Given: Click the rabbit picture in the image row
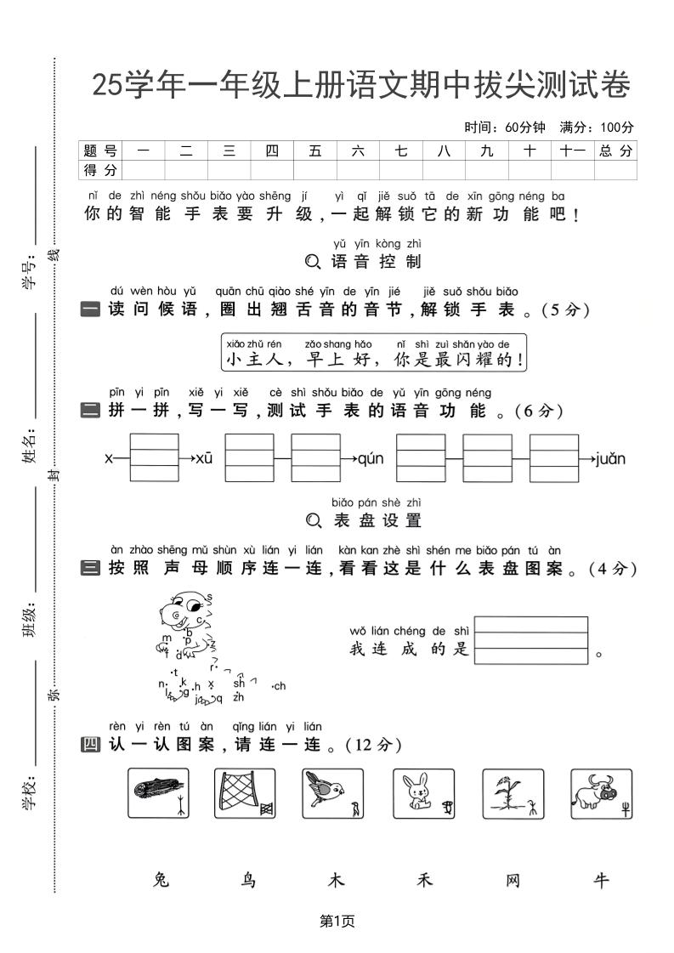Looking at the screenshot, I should pyautogui.click(x=423, y=794).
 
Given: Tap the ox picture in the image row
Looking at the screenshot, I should pyautogui.click(x=601, y=794).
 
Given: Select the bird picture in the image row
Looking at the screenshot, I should pyautogui.click(x=332, y=794).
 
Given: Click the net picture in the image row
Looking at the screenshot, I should pyautogui.click(x=245, y=794).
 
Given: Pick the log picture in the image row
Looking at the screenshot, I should pyautogui.click(x=157, y=794).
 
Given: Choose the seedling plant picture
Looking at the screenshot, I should pyautogui.click(x=513, y=794).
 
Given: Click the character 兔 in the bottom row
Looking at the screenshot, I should pyautogui.click(x=161, y=880).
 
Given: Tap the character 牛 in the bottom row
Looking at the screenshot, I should pyautogui.click(x=601, y=880).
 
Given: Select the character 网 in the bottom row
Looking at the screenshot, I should pyautogui.click(x=513, y=880).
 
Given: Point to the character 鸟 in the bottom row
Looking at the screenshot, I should pyautogui.click(x=249, y=880).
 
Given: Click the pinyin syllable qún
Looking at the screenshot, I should pyautogui.click(x=371, y=459).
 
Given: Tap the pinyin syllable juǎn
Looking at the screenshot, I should pyautogui.click(x=610, y=459).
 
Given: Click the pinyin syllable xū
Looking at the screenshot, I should pyautogui.click(x=204, y=459).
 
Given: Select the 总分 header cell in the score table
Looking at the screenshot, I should pyautogui.click(x=615, y=150).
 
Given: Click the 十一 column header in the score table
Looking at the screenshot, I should pyautogui.click(x=573, y=150).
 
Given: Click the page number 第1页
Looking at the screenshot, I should pyautogui.click(x=337, y=920).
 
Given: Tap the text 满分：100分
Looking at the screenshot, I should pyautogui.click(x=597, y=128).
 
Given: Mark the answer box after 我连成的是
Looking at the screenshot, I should pyautogui.click(x=531, y=640).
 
